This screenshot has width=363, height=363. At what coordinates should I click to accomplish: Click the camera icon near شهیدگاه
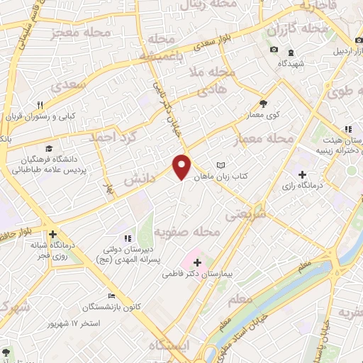click(x=274, y=49)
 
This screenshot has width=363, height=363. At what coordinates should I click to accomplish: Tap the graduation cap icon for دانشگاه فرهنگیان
click(x=49, y=148)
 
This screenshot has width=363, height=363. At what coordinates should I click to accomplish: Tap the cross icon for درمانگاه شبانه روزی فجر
click(x=52, y=233)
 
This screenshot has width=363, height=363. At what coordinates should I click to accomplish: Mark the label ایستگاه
click(x=169, y=345)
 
